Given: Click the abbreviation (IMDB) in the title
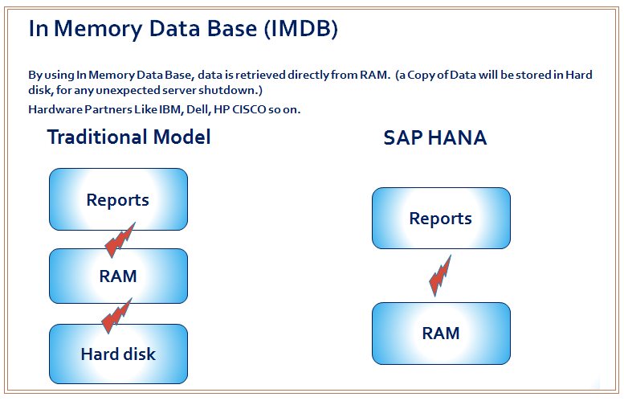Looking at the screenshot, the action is click(301, 29).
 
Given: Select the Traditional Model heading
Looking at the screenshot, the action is click(129, 137).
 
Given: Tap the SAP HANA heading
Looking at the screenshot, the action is click(435, 138).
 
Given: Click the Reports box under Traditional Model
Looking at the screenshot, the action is click(118, 199).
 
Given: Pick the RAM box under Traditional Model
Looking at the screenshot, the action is click(118, 276).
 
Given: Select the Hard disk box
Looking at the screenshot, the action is click(118, 354).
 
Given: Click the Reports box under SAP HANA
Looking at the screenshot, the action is click(441, 219).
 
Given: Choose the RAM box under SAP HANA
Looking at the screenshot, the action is click(441, 333).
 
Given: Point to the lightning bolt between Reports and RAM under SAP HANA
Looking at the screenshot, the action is click(440, 276).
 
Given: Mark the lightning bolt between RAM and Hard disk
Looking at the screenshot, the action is click(116, 315).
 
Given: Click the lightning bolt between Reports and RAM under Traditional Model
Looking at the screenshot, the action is click(120, 240).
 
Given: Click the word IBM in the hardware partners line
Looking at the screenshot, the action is click(171, 109).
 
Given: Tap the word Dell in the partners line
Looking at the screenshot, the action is click(198, 109).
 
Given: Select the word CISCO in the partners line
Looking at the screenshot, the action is click(249, 109).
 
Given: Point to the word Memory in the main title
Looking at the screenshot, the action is click(98, 30).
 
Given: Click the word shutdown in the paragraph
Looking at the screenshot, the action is click(228, 90).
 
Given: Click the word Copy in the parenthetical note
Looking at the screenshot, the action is click(421, 76).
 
